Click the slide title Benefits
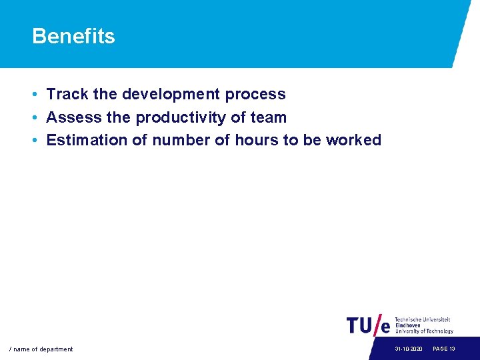[x=73, y=36]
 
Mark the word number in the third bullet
[x=178, y=140]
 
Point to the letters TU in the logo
[x=361, y=325]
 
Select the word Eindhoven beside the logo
[x=408, y=325]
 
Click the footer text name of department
[x=41, y=349]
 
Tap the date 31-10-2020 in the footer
[x=408, y=349]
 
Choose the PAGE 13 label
[x=444, y=349]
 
